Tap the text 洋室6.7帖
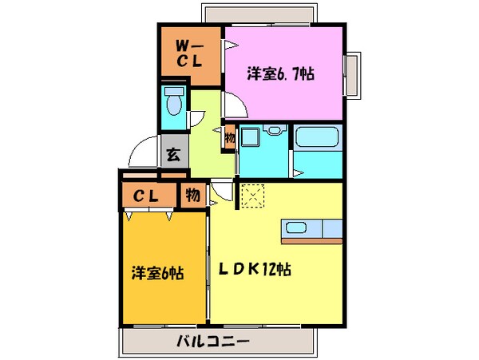[279, 74]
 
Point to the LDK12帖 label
[255, 270]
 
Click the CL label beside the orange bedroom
[144, 194]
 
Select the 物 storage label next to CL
[192, 193]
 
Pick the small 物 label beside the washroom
[229, 137]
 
